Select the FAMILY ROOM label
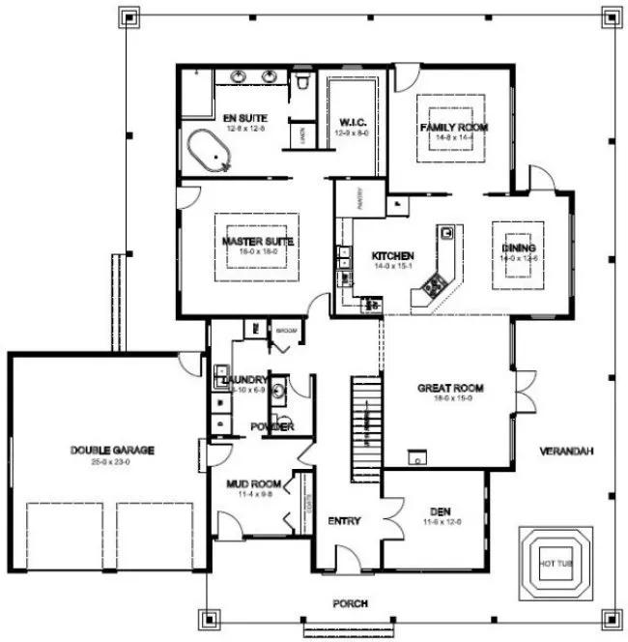tap(453, 128)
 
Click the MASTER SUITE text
tap(257, 241)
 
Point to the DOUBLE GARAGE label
tap(112, 450)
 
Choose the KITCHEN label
tap(393, 256)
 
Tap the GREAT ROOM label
tap(450, 388)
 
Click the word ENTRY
tap(344, 521)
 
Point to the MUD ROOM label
tap(253, 483)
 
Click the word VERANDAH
tap(566, 452)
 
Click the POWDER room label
tap(272, 426)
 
